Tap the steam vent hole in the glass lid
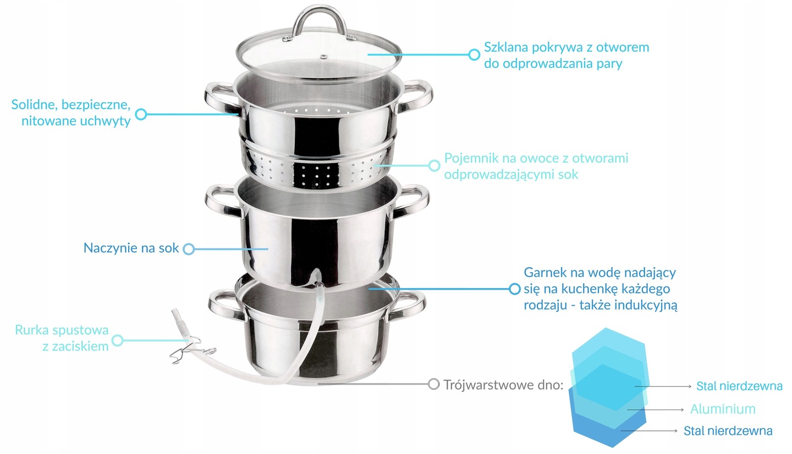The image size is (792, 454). click(x=323, y=57)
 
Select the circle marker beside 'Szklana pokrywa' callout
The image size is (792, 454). click(x=474, y=55)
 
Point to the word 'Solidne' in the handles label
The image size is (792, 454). click(x=34, y=104)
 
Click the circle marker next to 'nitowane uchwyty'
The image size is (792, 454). click(x=141, y=114)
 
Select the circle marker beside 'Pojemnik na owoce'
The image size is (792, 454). click(x=434, y=165)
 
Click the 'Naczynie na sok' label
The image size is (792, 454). click(x=131, y=248)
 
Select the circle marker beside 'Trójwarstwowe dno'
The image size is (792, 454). click(x=433, y=384)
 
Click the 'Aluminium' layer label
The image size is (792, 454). click(x=723, y=409)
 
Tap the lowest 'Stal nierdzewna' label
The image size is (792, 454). click(x=728, y=431)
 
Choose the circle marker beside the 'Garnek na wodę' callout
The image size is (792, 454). click(x=515, y=289)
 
